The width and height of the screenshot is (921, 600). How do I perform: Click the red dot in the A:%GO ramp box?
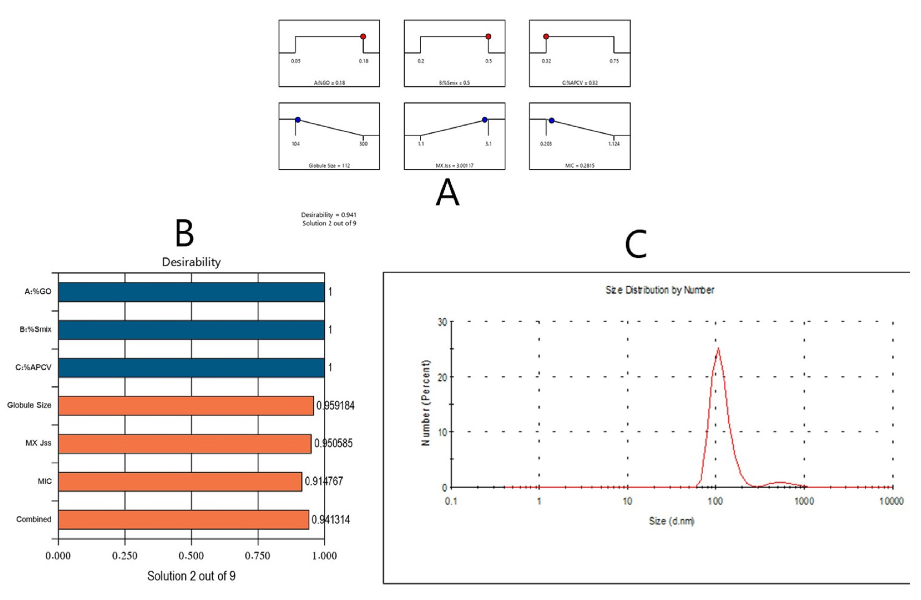click(363, 37)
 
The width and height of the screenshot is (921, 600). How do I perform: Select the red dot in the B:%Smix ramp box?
click(488, 37)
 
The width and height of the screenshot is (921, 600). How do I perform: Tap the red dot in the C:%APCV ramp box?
click(546, 37)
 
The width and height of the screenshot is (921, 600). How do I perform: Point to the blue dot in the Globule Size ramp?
click(298, 120)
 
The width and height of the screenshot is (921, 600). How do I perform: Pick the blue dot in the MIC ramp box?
click(552, 121)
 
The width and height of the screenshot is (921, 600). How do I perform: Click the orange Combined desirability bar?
click(183, 519)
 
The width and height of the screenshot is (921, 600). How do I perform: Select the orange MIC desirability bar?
click(180, 481)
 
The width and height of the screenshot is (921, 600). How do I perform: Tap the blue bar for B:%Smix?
click(191, 330)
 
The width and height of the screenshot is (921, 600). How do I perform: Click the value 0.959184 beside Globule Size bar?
click(335, 405)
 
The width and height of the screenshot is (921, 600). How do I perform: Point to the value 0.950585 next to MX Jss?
click(333, 443)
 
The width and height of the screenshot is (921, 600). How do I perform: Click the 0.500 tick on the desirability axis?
click(191, 556)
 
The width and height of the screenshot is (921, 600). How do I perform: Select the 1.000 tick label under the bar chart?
click(324, 556)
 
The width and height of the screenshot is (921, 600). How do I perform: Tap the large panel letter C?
click(636, 244)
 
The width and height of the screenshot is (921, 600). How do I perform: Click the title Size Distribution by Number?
click(660, 290)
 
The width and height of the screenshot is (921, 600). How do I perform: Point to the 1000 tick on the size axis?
click(804, 501)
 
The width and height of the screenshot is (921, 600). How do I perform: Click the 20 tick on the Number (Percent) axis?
click(442, 377)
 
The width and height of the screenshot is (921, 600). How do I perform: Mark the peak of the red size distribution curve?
click(718, 348)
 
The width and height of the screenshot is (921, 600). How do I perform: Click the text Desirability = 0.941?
click(329, 215)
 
